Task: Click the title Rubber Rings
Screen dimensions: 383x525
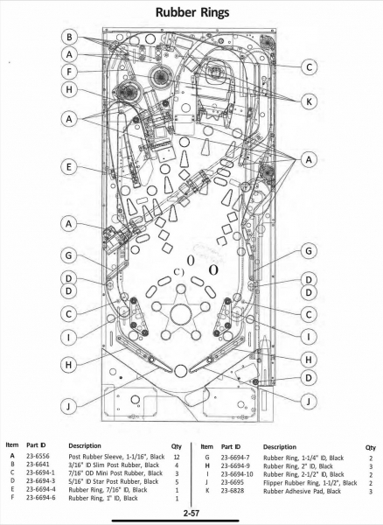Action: click(x=192, y=12)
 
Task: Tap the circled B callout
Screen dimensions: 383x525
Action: click(x=69, y=37)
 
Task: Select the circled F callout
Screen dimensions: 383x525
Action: click(x=69, y=72)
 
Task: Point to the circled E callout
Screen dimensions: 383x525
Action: click(x=69, y=167)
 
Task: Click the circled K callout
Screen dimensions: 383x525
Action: click(x=309, y=101)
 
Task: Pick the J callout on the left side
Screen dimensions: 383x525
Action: click(x=68, y=406)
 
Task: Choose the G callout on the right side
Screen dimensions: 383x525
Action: click(x=309, y=251)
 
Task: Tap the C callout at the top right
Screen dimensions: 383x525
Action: click(x=309, y=67)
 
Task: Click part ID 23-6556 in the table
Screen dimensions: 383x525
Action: click(x=38, y=456)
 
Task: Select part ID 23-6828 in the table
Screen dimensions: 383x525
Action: click(x=232, y=491)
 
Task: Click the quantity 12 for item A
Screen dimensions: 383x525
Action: click(x=177, y=457)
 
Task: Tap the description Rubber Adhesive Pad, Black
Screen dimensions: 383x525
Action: click(x=302, y=491)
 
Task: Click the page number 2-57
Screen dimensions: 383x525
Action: click(x=191, y=513)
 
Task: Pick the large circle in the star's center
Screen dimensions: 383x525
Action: click(x=181, y=314)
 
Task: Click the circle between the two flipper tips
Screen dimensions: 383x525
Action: click(x=181, y=370)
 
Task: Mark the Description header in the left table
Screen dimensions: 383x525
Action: click(x=85, y=445)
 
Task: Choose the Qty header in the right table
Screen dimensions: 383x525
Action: click(x=370, y=447)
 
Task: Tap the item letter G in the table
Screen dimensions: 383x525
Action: click(x=207, y=458)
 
